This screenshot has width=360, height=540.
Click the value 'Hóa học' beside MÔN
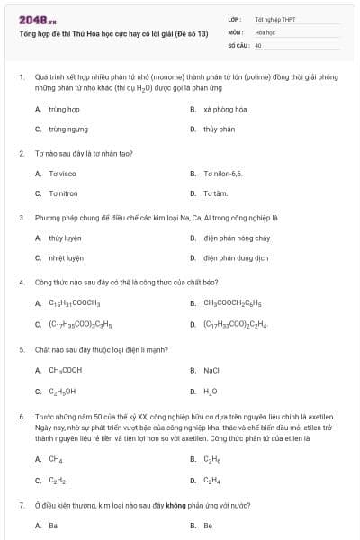click(264, 31)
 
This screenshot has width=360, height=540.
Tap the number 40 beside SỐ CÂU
click(258, 44)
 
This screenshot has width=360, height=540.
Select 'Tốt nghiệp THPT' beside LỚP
click(274, 19)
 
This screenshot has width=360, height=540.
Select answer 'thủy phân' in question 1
click(219, 129)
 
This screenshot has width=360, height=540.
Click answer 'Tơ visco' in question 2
click(62, 173)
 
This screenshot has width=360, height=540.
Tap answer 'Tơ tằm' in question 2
click(215, 193)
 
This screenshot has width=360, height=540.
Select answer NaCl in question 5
click(211, 370)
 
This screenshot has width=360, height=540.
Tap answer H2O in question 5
click(211, 391)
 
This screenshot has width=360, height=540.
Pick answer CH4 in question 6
click(55, 459)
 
